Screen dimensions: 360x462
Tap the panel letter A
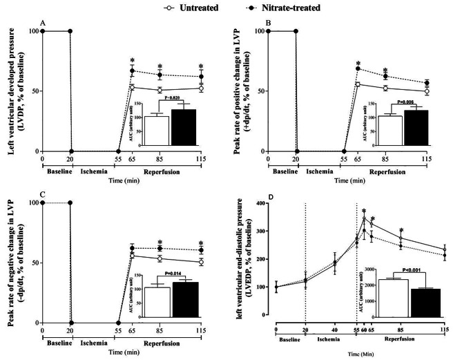point(43,23)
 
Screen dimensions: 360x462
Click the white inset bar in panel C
point(157,303)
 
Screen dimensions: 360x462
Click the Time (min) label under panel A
point(122,178)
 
